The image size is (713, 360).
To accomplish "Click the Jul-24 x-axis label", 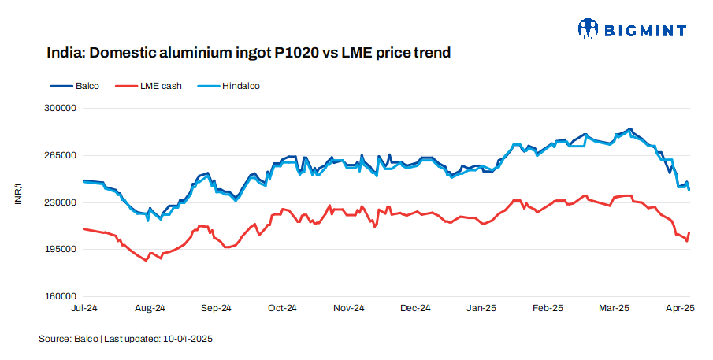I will point(84,308).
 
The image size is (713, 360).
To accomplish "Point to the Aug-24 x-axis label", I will point(150,308).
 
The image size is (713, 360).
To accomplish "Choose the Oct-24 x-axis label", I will point(282,308).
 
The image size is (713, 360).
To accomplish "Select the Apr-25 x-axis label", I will point(679,308).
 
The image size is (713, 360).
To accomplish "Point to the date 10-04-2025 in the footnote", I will point(188,339).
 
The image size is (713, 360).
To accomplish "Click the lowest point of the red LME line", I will point(146,260).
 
